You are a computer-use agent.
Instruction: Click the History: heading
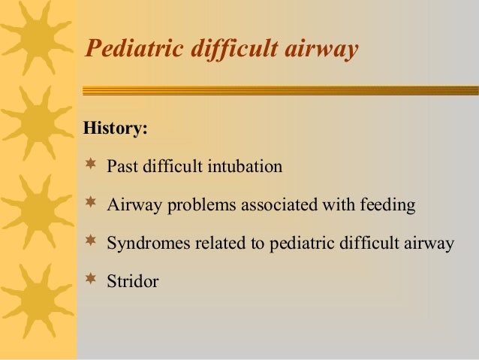click(x=116, y=128)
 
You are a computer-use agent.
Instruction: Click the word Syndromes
click(x=143, y=244)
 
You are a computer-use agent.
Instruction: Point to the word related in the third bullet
click(x=208, y=244)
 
